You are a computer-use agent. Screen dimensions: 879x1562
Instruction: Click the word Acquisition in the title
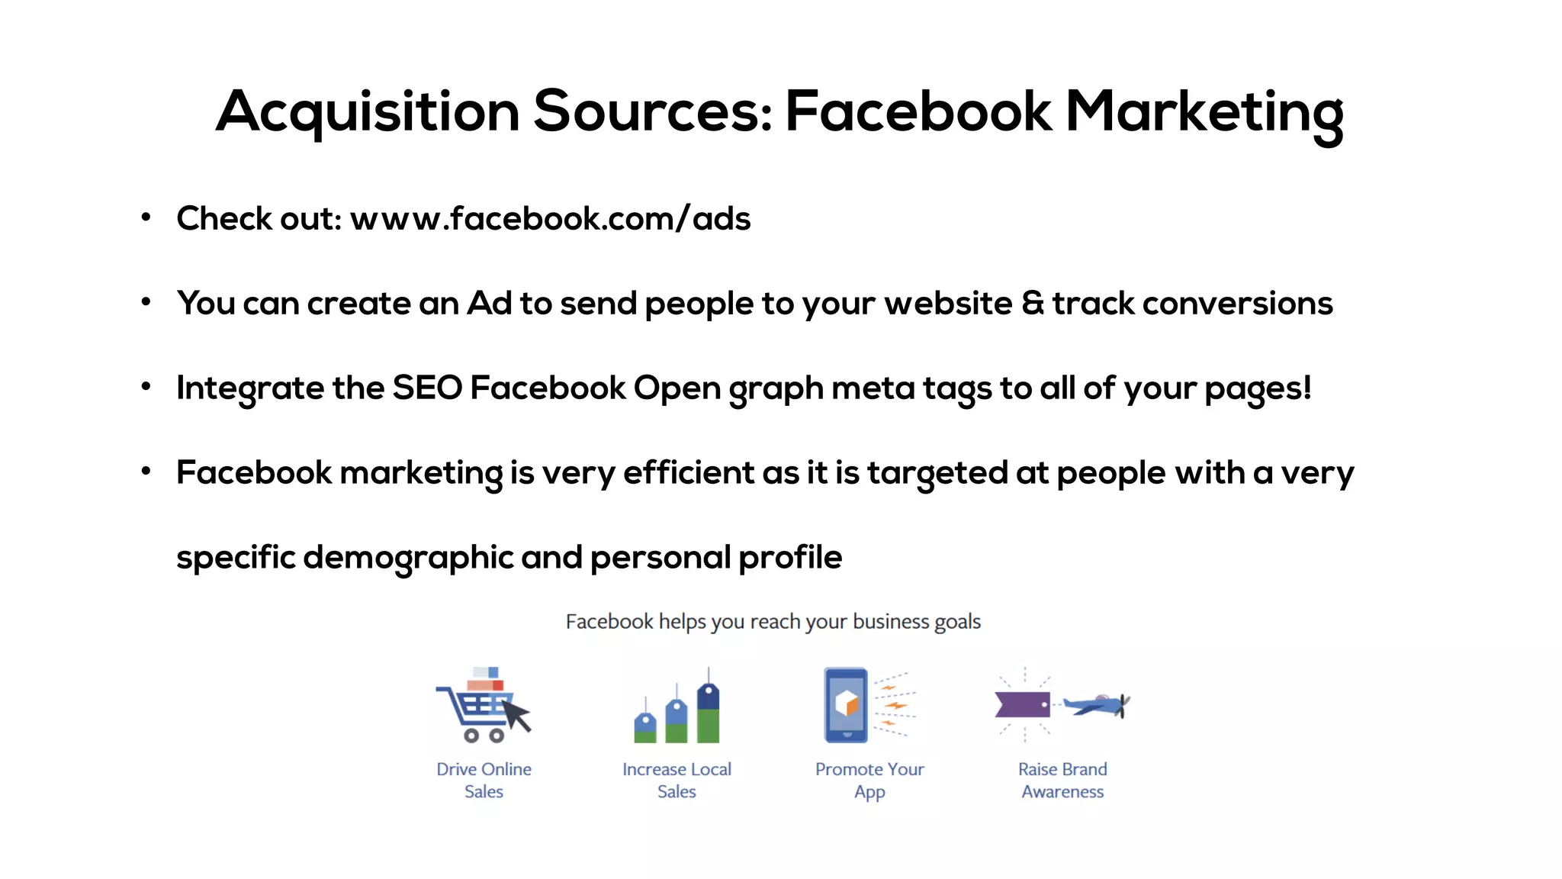pyautogui.click(x=368, y=112)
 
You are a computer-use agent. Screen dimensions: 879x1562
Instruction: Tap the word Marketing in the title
pyautogui.click(x=1204, y=112)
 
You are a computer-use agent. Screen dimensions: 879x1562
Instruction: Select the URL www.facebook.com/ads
pyautogui.click(x=550, y=219)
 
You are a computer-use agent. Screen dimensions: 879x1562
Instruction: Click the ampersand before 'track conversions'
pyautogui.click(x=1032, y=304)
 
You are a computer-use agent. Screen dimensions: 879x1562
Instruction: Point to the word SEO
pyautogui.click(x=427, y=388)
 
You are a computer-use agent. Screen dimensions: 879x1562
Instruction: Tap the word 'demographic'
pyautogui.click(x=408, y=558)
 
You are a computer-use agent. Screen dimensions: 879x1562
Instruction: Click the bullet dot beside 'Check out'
pyautogui.click(x=146, y=217)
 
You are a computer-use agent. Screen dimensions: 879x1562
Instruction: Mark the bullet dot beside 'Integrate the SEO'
pyautogui.click(x=146, y=387)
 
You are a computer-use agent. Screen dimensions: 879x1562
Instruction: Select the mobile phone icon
pyautogui.click(x=846, y=704)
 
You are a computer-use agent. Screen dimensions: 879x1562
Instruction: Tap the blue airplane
pyautogui.click(x=1096, y=705)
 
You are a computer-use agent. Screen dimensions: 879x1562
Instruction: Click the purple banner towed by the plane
pyautogui.click(x=1022, y=704)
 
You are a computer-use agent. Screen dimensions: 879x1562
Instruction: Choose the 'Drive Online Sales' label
pyautogui.click(x=484, y=780)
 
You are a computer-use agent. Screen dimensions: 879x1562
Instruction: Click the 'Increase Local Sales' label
pyautogui.click(x=677, y=780)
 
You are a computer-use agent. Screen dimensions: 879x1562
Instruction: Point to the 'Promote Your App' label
pyautogui.click(x=869, y=780)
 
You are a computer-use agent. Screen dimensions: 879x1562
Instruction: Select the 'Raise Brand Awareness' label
pyautogui.click(x=1062, y=780)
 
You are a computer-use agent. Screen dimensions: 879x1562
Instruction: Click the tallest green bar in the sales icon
pyautogui.click(x=708, y=726)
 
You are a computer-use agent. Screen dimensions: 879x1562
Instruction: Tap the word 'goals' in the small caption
pyautogui.click(x=957, y=622)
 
